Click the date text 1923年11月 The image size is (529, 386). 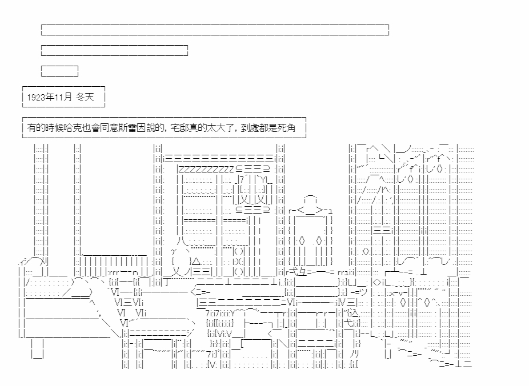[49, 98]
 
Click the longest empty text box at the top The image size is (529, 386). [215, 30]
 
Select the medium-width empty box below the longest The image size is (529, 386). [114, 50]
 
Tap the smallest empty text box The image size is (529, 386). [59, 71]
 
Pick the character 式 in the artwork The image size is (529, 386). [296, 272]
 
